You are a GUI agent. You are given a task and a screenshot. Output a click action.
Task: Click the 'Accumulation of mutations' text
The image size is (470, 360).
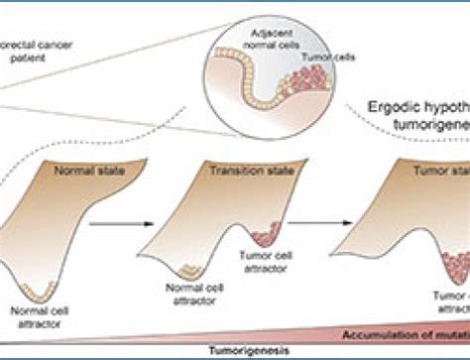[408, 334]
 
